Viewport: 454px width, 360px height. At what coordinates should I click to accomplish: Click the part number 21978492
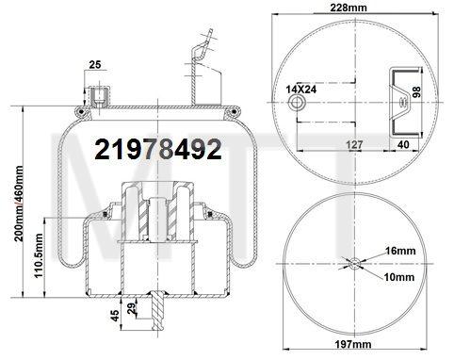click(157, 149)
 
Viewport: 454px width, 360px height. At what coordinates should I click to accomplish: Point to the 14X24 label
click(300, 89)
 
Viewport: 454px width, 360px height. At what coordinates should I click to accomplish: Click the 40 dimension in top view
click(402, 144)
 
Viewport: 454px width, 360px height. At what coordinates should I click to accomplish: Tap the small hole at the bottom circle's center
click(354, 264)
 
